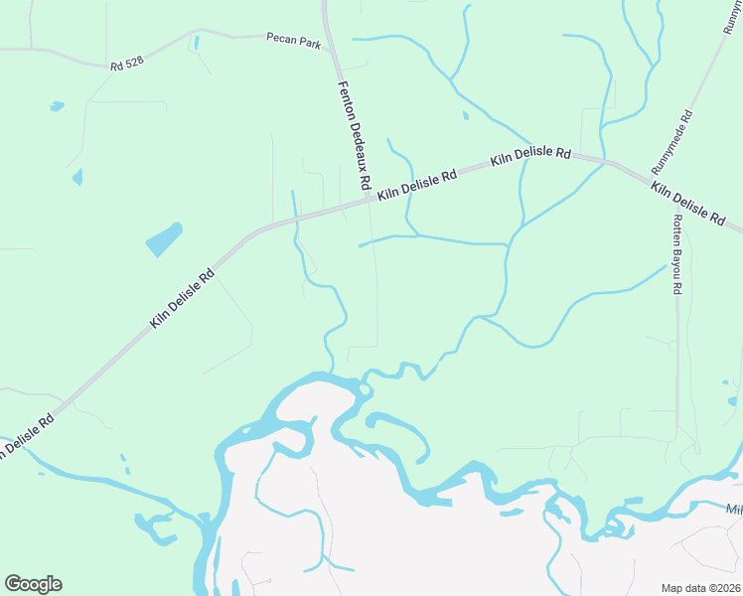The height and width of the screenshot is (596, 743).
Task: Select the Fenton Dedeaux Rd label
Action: click(x=354, y=135)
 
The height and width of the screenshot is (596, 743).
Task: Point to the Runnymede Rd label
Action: click(x=671, y=140)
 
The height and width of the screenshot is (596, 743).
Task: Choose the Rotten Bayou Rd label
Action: click(x=677, y=254)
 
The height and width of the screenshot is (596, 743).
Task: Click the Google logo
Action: click(x=33, y=583)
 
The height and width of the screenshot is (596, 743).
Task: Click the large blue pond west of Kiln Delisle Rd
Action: click(x=164, y=239)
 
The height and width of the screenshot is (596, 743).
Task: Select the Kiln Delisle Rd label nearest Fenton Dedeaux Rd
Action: click(x=417, y=186)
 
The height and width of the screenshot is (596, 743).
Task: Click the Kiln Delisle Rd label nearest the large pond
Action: click(x=182, y=299)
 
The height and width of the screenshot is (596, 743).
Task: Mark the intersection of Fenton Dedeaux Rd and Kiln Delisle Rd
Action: click(x=371, y=199)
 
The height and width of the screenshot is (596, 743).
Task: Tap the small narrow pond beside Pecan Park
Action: click(x=196, y=42)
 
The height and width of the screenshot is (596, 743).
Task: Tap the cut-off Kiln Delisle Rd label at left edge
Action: click(x=25, y=434)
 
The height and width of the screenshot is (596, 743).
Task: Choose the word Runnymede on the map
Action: click(x=668, y=147)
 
